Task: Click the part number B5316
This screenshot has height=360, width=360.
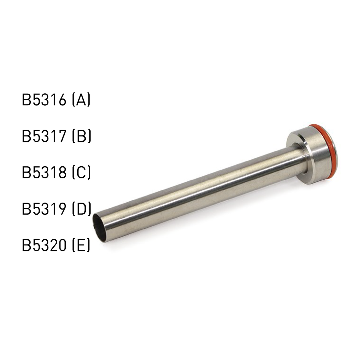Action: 44,100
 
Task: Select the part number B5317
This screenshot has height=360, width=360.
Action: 44,136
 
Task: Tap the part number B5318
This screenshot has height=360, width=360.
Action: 44,173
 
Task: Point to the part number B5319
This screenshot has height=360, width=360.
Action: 44,209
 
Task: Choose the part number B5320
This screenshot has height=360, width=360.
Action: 44,245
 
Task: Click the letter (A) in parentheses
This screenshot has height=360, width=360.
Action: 81,100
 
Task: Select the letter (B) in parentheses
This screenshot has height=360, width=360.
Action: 81,136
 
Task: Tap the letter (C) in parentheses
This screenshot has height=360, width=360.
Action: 81,173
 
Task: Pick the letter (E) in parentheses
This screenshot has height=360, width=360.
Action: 81,245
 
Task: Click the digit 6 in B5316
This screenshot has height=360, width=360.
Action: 62,100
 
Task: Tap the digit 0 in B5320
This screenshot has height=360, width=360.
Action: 62,245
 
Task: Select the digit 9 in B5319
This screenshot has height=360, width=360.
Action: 62,209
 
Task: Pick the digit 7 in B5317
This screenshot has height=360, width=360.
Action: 62,136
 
